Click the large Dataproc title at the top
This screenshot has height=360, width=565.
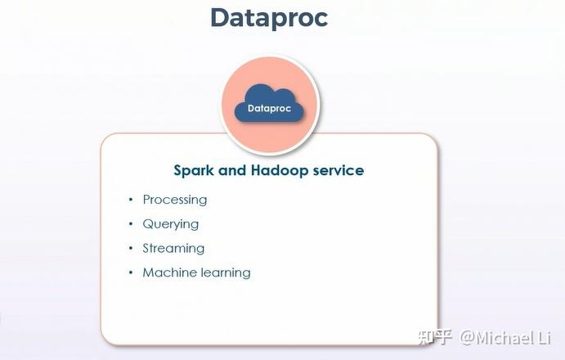(x=269, y=17)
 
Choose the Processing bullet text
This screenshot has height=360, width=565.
(x=175, y=200)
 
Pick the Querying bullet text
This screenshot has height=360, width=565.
(x=171, y=224)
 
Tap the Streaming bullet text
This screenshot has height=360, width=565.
(x=173, y=249)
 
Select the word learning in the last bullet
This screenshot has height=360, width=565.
(x=223, y=273)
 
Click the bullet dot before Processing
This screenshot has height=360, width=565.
(x=130, y=200)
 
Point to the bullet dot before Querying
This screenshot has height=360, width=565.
(x=130, y=225)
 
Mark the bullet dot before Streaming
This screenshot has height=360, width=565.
(x=130, y=249)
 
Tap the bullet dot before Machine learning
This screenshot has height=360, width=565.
(x=130, y=273)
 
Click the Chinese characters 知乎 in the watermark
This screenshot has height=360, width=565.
(x=435, y=337)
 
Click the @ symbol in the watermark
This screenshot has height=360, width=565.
(x=466, y=337)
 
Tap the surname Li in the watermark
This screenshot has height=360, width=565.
(x=544, y=337)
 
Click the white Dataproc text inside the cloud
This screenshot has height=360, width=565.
(x=269, y=108)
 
